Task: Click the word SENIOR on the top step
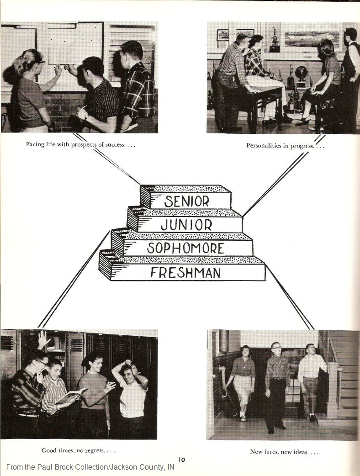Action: [187, 201]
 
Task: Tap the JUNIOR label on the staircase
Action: [186, 225]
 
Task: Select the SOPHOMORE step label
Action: [185, 249]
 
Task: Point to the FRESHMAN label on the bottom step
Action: [185, 273]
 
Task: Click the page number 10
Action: [181, 460]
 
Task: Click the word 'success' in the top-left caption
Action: [114, 145]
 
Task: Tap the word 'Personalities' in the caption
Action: [264, 146]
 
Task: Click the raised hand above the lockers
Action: [44, 339]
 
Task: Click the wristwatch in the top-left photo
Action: [86, 116]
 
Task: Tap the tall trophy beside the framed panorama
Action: [275, 39]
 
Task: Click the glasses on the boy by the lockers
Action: [41, 363]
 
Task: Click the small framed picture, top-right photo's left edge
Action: [223, 35]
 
